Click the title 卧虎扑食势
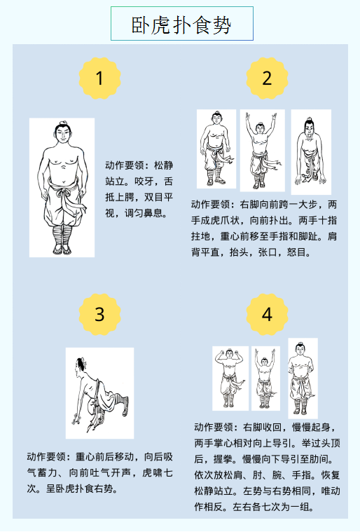tap(181, 25)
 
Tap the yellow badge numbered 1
tap(99, 79)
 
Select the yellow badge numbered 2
tap(267, 79)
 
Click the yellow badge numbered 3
tap(99, 315)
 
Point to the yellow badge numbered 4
tap(267, 315)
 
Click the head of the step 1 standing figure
tap(63, 132)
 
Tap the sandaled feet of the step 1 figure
tap(62, 250)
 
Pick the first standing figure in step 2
tap(216, 149)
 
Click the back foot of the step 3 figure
tap(125, 406)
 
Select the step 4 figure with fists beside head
tap(230, 378)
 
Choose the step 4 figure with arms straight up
tap(265, 378)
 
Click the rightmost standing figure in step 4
tap(303, 378)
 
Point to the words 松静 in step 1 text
tap(164, 165)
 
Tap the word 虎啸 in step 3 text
tap(152, 472)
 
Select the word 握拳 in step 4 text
tap(223, 459)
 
